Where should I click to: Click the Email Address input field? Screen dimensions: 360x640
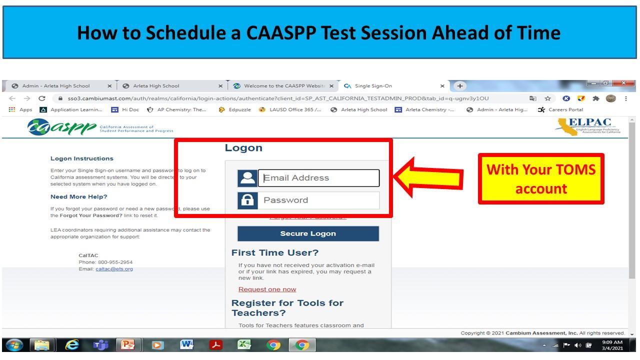point(318,178)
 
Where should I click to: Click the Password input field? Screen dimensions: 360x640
point(318,200)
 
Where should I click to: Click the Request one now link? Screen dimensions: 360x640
point(267,289)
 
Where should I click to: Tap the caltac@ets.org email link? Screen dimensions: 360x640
point(114,269)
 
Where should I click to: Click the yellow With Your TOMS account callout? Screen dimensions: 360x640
point(541,179)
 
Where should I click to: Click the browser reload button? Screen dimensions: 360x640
point(42,98)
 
